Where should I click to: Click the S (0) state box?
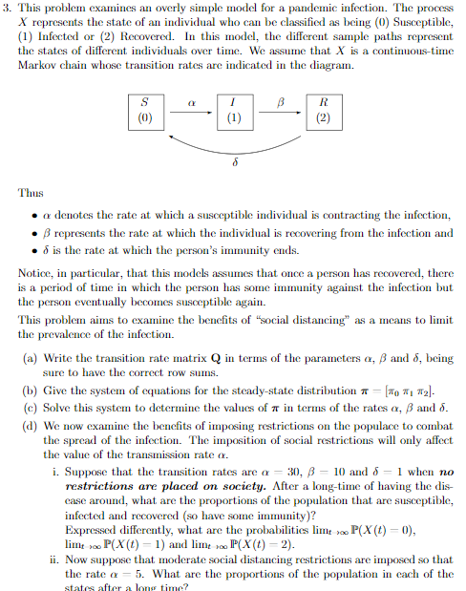(x=146, y=111)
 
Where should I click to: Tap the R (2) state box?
(x=324, y=111)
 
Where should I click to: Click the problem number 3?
(x=8, y=9)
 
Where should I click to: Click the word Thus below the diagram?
(x=30, y=192)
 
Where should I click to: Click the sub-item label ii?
(x=53, y=559)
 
